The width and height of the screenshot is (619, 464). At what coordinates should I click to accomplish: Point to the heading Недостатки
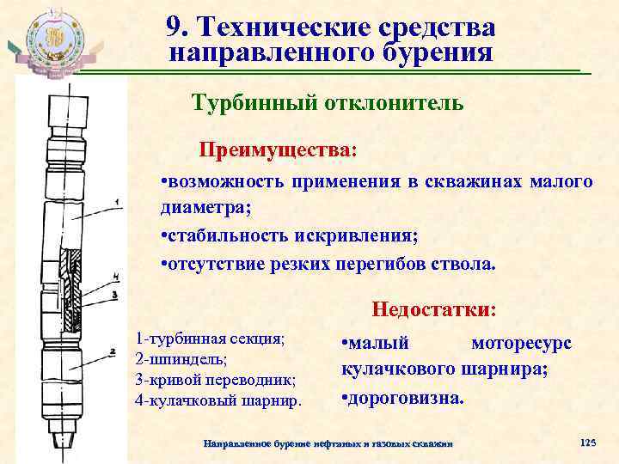[x=433, y=308]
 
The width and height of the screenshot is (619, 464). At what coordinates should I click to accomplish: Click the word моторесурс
[x=521, y=344]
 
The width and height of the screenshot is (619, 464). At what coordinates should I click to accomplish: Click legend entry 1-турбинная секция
[x=210, y=338]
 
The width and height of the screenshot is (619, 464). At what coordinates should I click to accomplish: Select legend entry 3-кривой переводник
[x=215, y=379]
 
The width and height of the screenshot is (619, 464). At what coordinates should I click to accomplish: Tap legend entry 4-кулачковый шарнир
[x=218, y=400]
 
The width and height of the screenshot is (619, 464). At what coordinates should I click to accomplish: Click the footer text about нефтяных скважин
[x=326, y=443]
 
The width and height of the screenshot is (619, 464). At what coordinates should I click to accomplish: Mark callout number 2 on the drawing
[x=113, y=351]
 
